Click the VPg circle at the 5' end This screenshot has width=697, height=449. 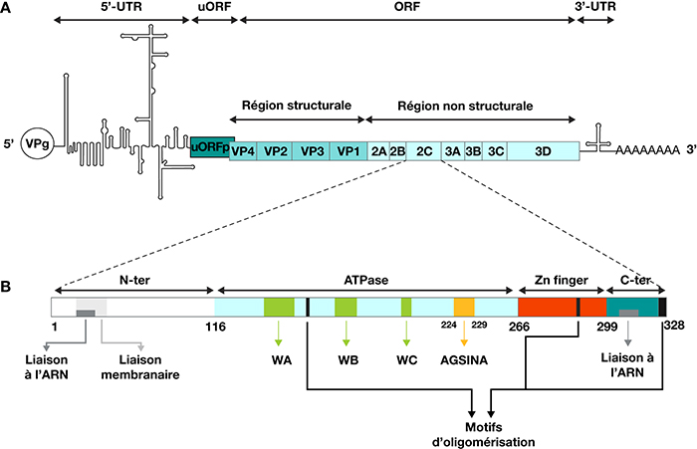tap(38, 143)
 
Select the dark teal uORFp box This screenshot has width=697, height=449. tap(212, 147)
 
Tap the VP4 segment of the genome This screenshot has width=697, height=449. tap(243, 151)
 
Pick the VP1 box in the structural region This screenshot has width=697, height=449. tap(348, 151)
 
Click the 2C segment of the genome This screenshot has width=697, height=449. tap(424, 151)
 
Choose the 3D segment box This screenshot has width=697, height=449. tap(544, 151)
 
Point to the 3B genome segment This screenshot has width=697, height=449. tap(473, 151)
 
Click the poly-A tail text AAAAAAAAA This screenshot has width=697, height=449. tap(647, 150)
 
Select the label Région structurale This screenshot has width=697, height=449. tap(297, 106)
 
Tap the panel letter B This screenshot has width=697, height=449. tap(6, 287)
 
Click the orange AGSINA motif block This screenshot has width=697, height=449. tap(464, 308)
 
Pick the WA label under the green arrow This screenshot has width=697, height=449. tap(282, 359)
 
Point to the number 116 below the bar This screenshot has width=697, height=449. tap(215, 328)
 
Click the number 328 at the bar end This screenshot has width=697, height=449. tap(674, 326)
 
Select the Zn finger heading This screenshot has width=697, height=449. tap(562, 280)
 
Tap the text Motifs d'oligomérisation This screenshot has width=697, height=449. tap(484, 435)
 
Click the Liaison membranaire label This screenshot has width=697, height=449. tap(140, 367)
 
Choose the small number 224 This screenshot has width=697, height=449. tap(448, 325)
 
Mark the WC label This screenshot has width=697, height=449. tap(406, 359)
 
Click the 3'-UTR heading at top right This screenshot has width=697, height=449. tap(595, 6)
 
